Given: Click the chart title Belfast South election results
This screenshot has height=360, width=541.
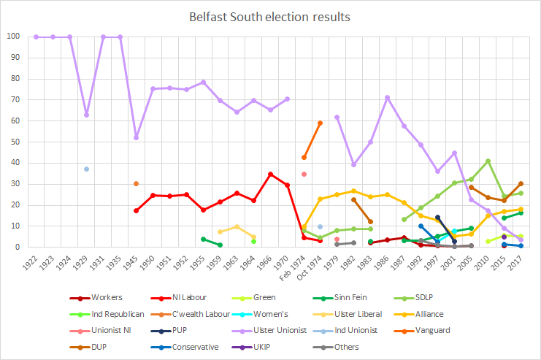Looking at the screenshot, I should pos(271,15).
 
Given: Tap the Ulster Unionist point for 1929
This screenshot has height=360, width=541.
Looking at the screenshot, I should pos(87,115).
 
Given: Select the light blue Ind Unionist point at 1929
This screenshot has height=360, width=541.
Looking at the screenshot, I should pos(87,169).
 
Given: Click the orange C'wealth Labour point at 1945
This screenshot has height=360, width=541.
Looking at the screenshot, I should pos(137,183).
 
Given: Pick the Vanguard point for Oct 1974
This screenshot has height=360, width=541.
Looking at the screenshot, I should pos(321,123).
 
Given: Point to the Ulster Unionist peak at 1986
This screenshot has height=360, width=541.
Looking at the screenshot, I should pos(387,97).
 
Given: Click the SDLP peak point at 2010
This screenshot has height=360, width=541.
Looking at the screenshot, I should pos(488,161).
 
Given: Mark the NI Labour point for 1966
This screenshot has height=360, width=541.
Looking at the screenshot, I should pos(271,174).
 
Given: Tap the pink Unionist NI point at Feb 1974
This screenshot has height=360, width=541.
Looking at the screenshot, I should pos(304,174).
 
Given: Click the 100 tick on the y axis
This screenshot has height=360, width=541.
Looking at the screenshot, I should pos(13,37).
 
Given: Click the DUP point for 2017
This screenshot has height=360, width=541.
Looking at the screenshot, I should pos(521,183).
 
